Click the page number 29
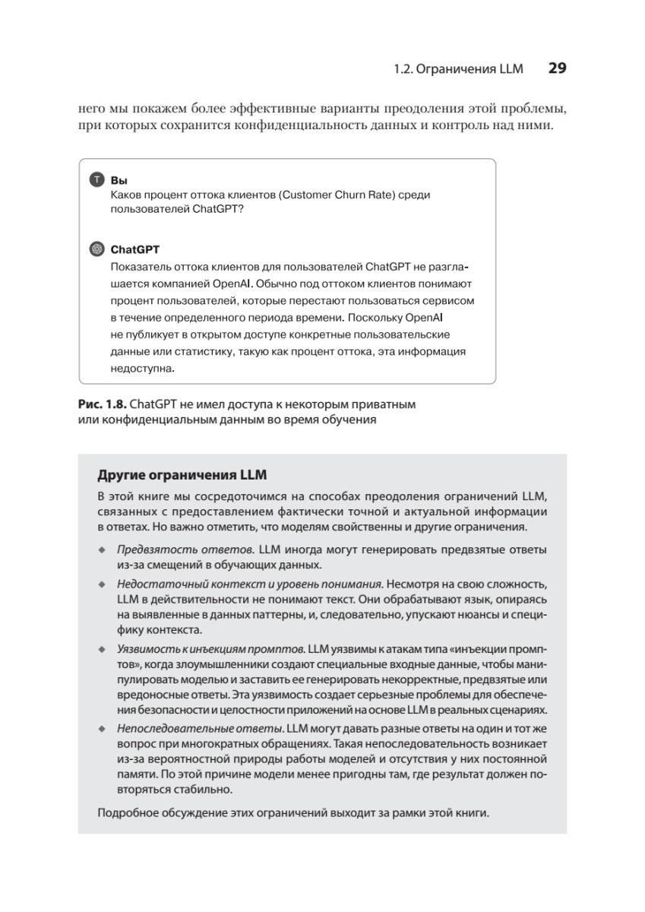click(557, 68)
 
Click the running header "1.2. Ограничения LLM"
click(458, 69)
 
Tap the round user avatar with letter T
click(96, 180)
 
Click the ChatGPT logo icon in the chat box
click(96, 249)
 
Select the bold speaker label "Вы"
click(119, 181)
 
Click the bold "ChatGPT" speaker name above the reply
click(135, 249)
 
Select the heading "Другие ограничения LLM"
click(182, 476)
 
